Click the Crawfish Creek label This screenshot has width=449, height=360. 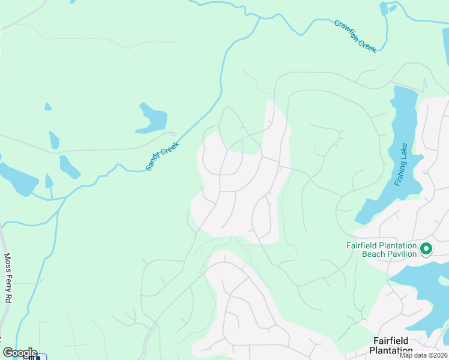click(355, 36)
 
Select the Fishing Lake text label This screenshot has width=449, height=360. click(402, 164)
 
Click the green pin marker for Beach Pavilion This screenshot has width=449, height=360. click(426, 248)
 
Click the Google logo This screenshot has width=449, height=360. click(20, 352)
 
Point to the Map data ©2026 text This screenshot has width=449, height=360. click(423, 355)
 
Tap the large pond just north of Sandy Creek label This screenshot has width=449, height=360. click(151, 119)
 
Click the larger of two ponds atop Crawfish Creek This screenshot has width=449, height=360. click(384, 8)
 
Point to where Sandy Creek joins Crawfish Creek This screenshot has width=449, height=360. click(259, 18)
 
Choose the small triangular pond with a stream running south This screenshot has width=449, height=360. click(49, 181)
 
